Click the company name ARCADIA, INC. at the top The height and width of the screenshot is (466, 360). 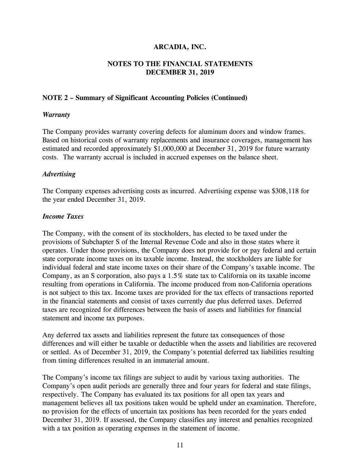point(180,47)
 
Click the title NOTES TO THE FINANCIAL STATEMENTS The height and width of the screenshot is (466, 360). point(180,64)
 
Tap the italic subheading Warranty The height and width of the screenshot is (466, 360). point(56,115)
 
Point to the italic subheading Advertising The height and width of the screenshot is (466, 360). point(59,174)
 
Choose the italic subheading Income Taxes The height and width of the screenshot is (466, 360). point(63,216)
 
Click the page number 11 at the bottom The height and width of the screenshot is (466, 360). point(180,445)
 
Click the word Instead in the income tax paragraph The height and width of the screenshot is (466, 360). point(200,259)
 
